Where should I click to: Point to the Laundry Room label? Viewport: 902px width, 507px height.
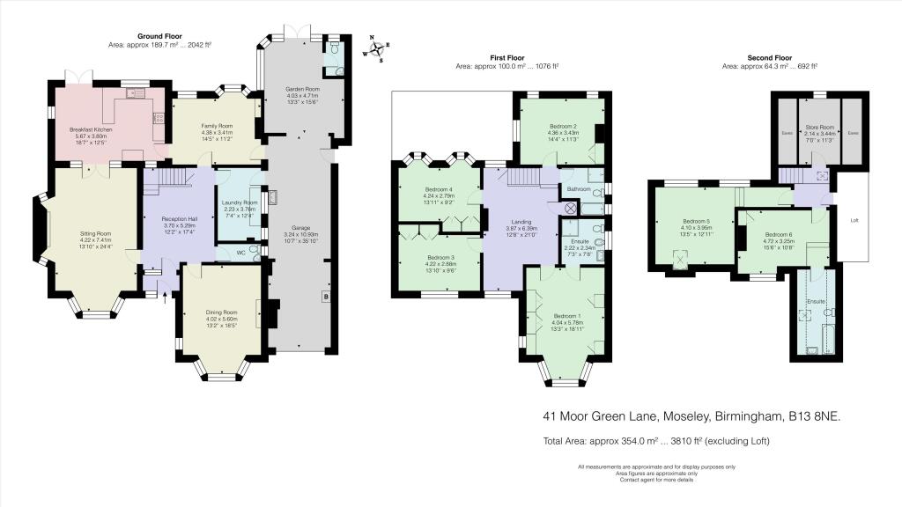pos(238,202)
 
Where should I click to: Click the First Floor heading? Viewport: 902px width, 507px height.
pos(506,57)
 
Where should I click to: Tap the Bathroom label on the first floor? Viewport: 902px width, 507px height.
pos(578,189)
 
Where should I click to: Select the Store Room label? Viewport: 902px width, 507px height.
pos(819,127)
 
